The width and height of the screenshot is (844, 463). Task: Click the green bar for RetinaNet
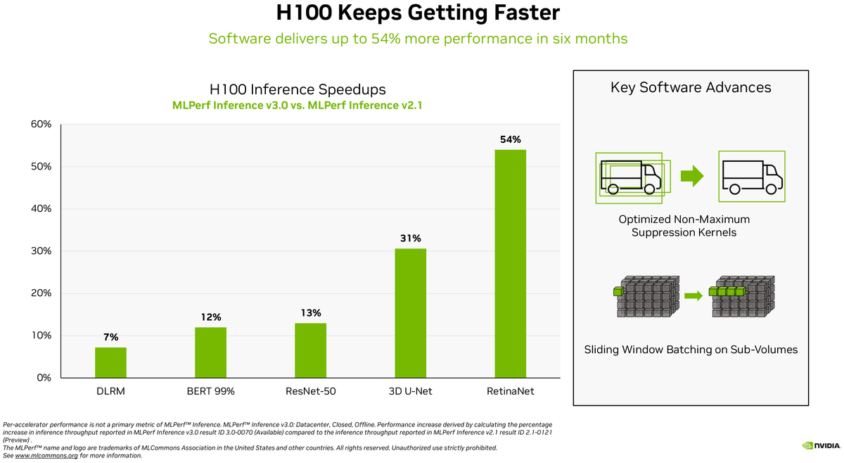point(510,264)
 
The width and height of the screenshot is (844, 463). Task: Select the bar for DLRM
point(110,362)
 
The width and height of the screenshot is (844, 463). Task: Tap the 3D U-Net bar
point(410,313)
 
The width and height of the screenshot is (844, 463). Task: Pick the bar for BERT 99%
point(210,353)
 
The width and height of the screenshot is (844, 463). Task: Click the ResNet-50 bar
point(310,350)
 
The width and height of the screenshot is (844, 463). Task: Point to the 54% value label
point(510,139)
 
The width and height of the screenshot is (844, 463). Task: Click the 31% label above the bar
point(410,238)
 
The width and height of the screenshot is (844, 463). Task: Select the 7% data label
point(110,337)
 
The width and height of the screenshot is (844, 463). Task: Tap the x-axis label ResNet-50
point(310,391)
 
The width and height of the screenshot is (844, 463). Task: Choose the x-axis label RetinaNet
point(510,391)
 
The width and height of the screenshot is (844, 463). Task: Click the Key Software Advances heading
point(691,87)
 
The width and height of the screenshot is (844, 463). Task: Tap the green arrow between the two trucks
point(693,176)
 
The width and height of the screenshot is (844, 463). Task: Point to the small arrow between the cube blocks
point(693,296)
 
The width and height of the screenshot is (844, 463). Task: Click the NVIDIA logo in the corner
point(819,445)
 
